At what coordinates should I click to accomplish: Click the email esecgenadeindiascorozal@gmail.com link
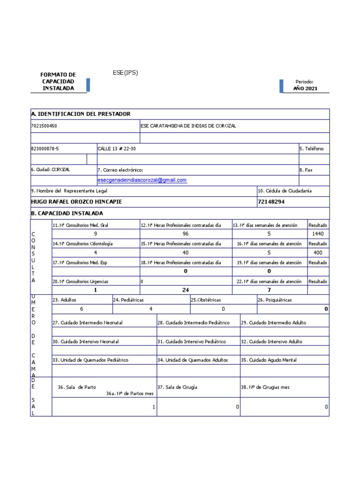pyautogui.click(x=142, y=180)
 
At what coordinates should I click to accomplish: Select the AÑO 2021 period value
pyautogui.click(x=305, y=88)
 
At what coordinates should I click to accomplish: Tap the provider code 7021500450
pyautogui.click(x=45, y=126)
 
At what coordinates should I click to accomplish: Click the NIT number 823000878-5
pyautogui.click(x=45, y=149)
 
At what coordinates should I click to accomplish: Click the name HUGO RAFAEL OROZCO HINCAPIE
pyautogui.click(x=80, y=202)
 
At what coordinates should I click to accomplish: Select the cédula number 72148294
pyautogui.click(x=271, y=202)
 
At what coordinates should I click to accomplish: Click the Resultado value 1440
pyautogui.click(x=318, y=233)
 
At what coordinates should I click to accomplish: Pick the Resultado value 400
pyautogui.click(x=318, y=253)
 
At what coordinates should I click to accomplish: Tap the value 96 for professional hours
pyautogui.click(x=186, y=233)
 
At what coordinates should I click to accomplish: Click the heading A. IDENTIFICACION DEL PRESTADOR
pyautogui.click(x=81, y=114)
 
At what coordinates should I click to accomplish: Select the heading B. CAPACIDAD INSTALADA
pyautogui.click(x=67, y=213)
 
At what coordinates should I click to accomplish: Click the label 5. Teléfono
pyautogui.click(x=311, y=149)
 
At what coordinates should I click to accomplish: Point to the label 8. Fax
pyautogui.click(x=306, y=170)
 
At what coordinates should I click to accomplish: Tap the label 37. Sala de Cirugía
pyautogui.click(x=177, y=387)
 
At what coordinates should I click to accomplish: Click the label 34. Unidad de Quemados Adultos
pyautogui.click(x=193, y=360)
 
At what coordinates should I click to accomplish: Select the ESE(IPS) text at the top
pyautogui.click(x=125, y=73)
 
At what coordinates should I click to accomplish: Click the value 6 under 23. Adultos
pyautogui.click(x=82, y=309)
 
